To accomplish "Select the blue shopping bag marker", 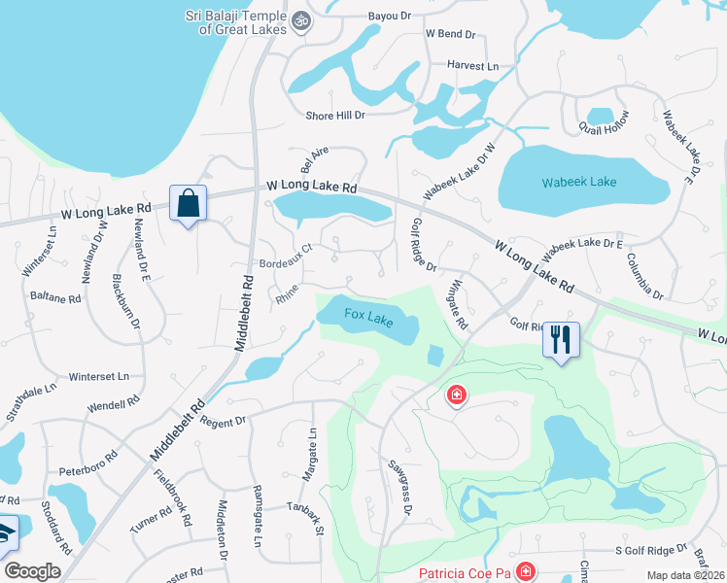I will [187, 204].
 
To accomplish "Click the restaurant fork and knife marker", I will [561, 340].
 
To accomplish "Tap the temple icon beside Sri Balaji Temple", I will [302, 18].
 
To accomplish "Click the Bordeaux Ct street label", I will [285, 255].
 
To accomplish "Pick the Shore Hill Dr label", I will [334, 115].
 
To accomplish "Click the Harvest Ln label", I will [472, 65].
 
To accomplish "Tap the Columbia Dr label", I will [644, 277].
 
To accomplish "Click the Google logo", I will [32, 571].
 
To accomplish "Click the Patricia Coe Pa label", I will [464, 573].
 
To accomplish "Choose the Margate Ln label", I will [313, 450].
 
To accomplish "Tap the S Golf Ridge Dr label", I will [650, 550].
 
